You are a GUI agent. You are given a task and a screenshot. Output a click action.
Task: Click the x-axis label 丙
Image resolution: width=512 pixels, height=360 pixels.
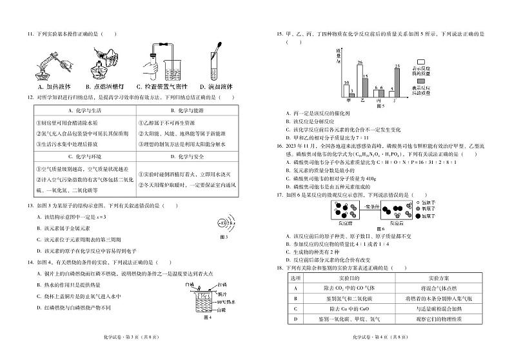point(379,100)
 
